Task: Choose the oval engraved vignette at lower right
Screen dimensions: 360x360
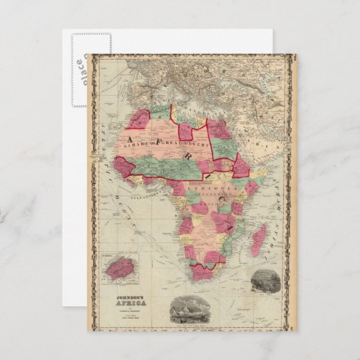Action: point(264,281)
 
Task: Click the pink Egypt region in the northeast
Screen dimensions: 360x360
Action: point(220,129)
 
